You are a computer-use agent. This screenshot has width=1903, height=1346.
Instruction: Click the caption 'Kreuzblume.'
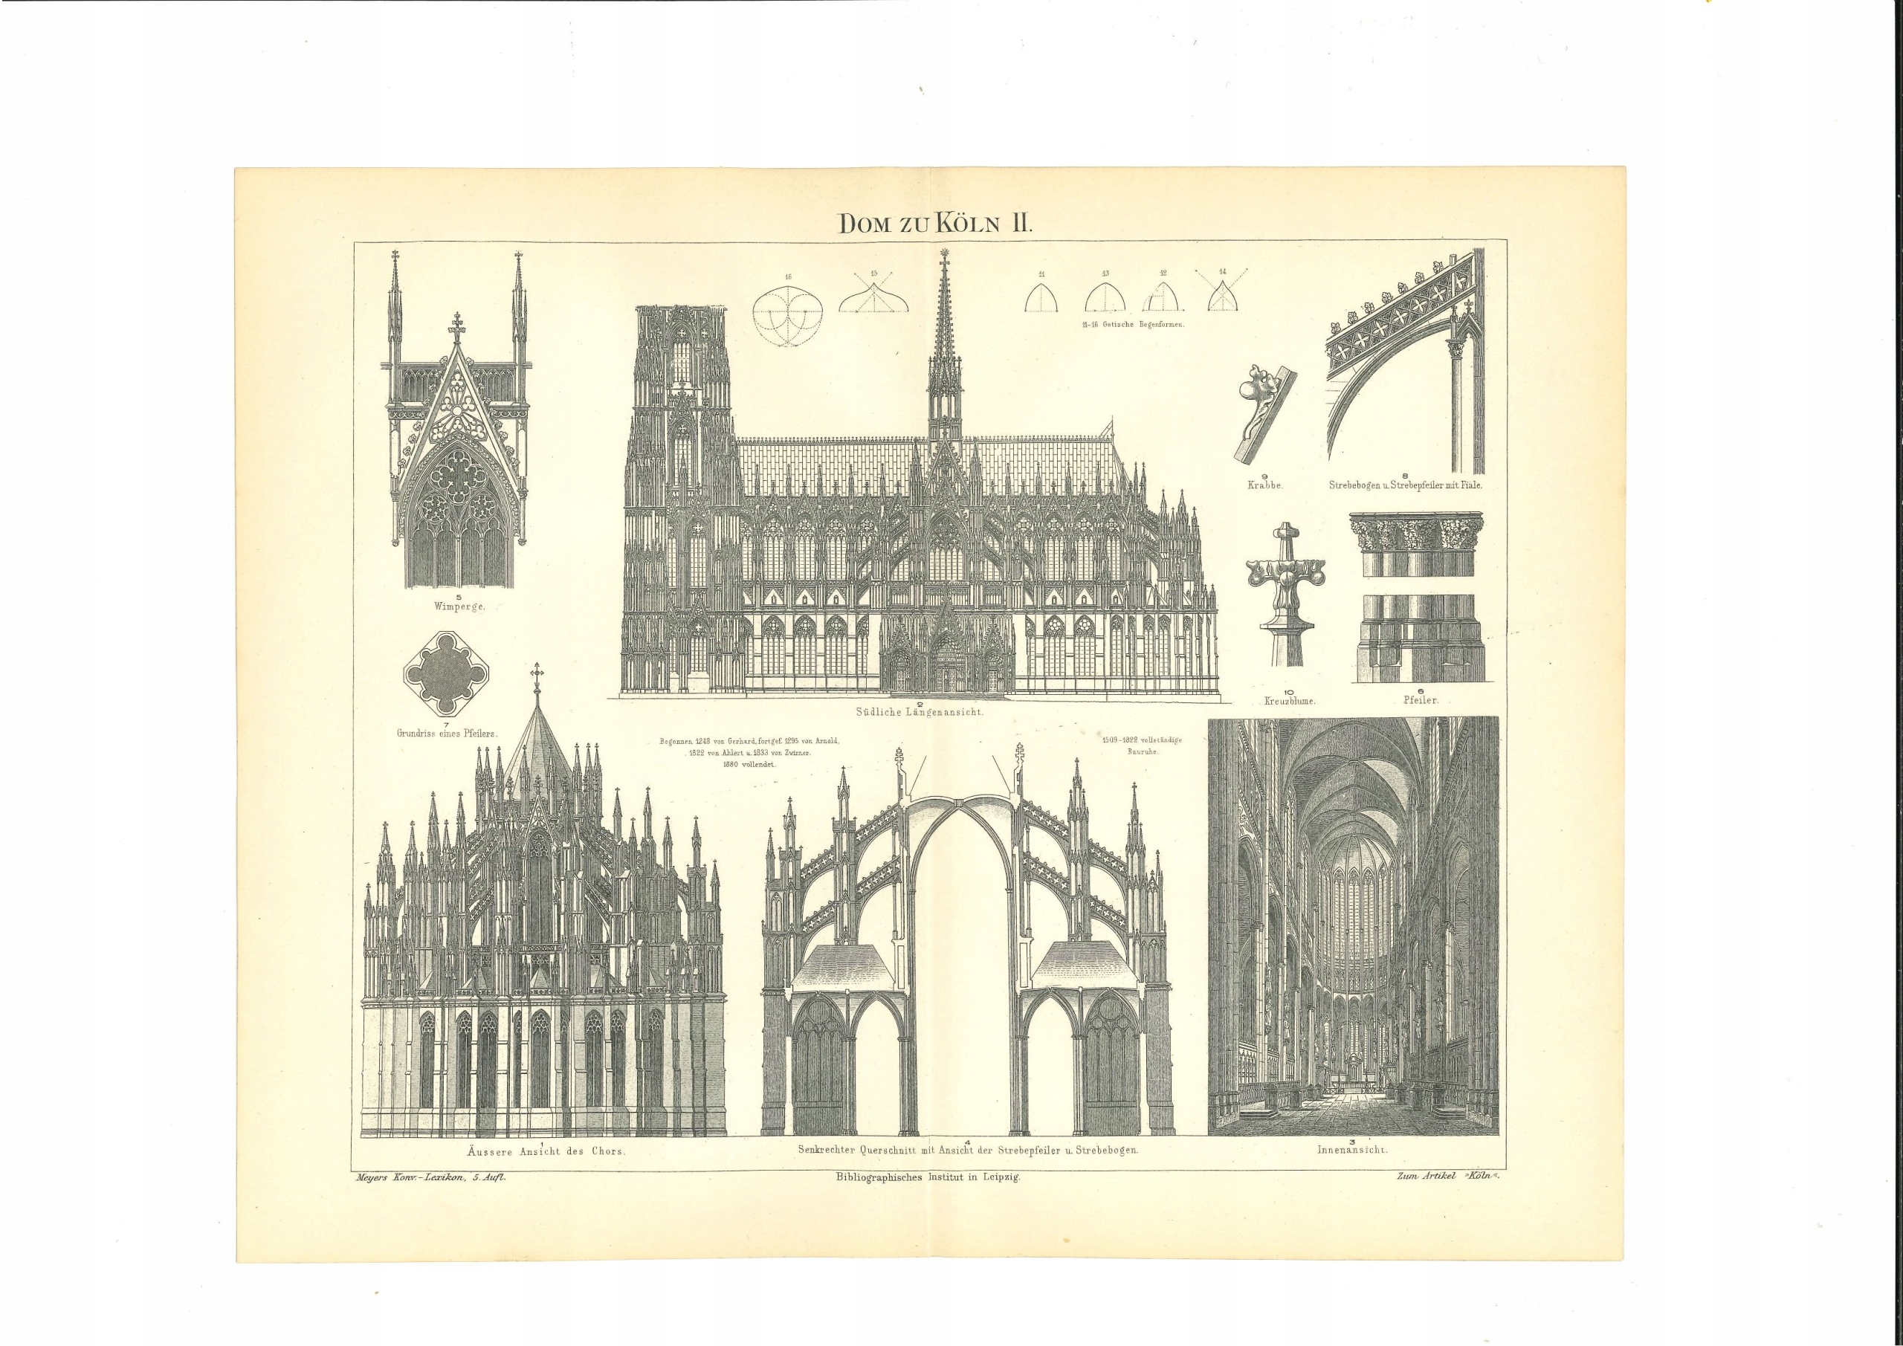click(1290, 700)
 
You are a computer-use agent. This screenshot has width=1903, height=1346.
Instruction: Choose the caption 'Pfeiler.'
click(1420, 700)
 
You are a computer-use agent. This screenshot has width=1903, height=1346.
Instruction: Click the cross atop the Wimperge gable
click(456, 326)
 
